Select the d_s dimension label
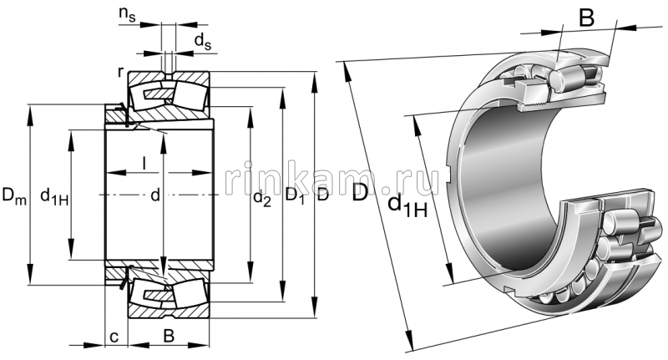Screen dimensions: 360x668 coord(202,40)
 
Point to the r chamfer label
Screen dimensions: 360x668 coord(121,74)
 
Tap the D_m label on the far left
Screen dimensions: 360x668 coord(13,197)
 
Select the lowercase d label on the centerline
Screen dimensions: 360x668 coord(154,196)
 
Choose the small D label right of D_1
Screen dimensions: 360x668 coord(323,197)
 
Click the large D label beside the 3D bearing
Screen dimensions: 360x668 coord(359,195)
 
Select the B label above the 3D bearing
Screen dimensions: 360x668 coord(587,18)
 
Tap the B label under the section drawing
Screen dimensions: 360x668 coord(168,336)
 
